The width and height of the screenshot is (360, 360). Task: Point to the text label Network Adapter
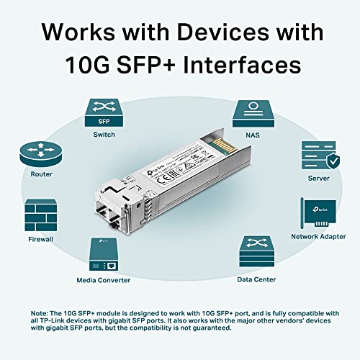(318, 235)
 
